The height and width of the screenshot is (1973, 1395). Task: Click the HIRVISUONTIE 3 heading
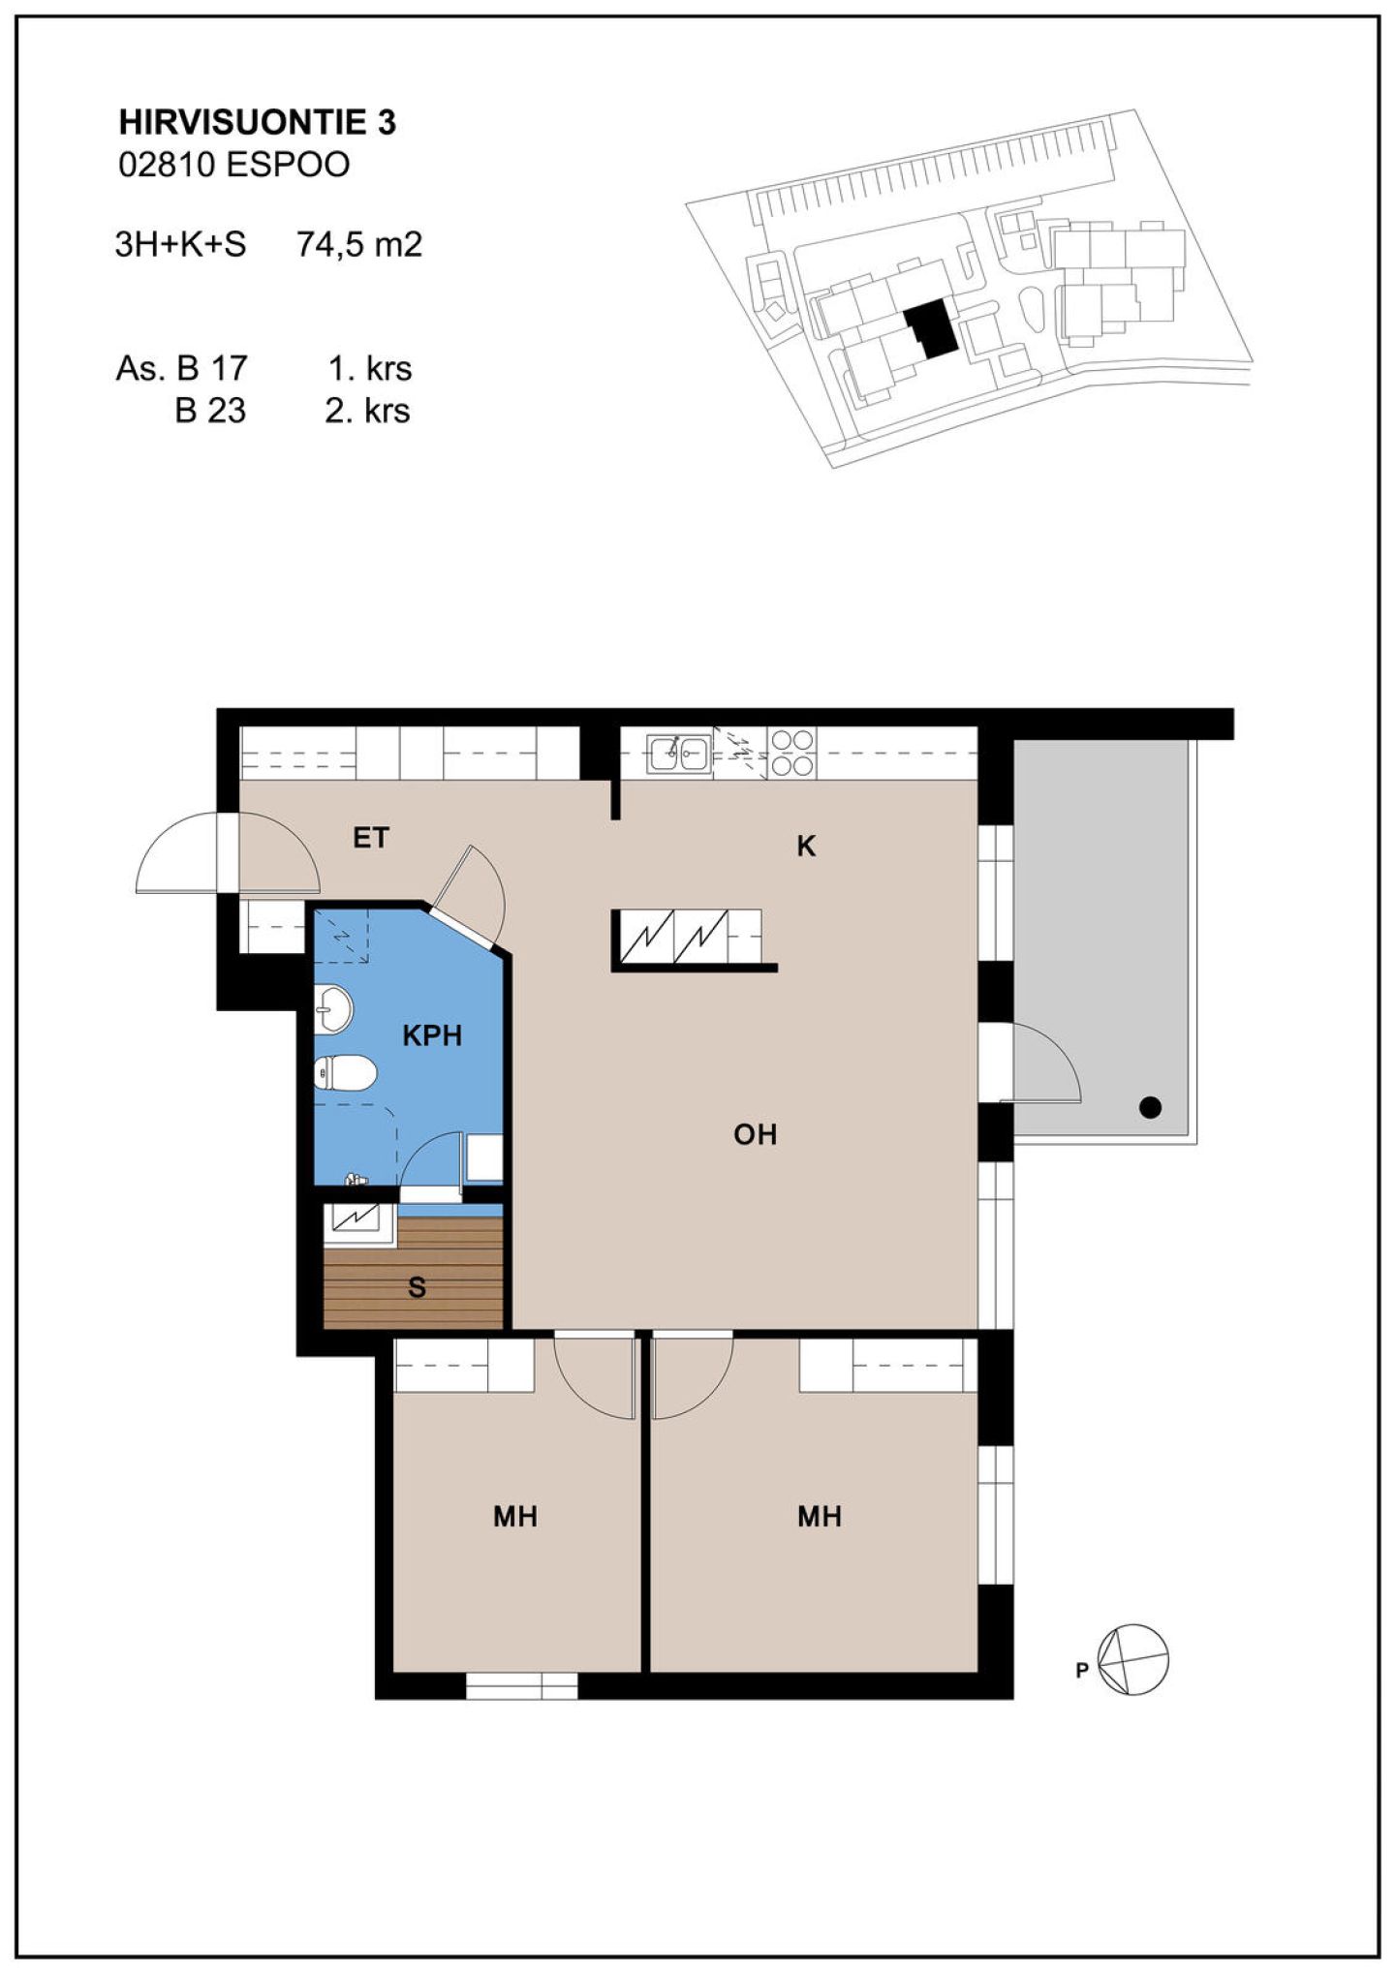pos(257,123)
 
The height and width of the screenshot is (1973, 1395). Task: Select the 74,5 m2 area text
pos(359,244)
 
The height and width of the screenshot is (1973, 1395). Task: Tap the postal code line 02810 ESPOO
pos(233,165)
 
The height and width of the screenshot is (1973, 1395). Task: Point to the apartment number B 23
pos(210,411)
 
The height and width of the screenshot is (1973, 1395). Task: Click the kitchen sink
pos(679,753)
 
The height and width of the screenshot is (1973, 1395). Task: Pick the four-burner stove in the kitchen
pos(792,753)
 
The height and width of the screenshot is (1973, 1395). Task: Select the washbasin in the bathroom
pos(332,1010)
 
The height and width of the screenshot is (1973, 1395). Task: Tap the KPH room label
pos(432,1035)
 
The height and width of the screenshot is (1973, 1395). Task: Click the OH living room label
pos(755,1134)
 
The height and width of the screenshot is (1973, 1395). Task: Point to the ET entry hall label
pos(370,838)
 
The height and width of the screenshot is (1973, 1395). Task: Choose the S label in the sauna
pos(417,1287)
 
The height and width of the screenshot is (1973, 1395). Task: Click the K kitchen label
pos(805,847)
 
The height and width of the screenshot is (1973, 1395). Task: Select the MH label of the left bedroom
pos(514,1516)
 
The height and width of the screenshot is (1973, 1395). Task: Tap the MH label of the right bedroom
pos(819,1516)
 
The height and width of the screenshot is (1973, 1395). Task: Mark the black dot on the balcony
pos(1150,1107)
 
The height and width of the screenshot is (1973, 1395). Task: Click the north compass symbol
pos(1132,1659)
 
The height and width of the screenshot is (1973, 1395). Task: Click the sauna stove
pos(360,1224)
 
